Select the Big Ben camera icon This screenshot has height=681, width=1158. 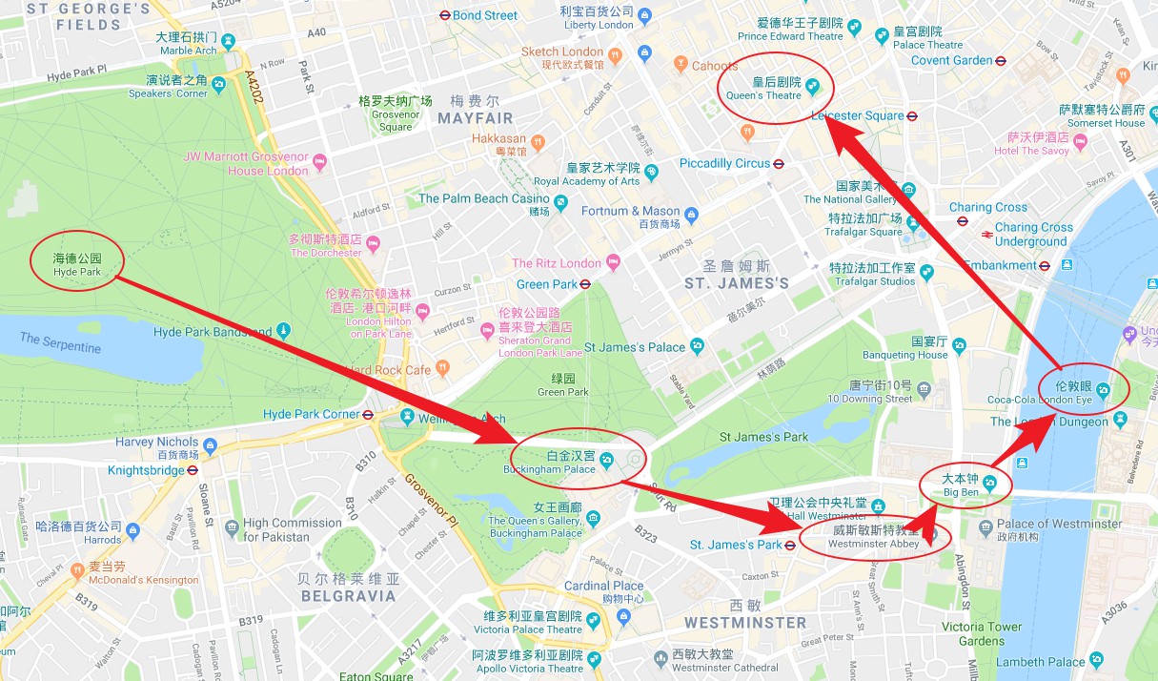(x=990, y=484)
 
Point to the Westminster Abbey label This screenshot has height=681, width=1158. (x=873, y=537)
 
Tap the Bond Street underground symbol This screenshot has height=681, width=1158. (x=444, y=15)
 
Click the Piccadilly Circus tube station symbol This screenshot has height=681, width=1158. (x=779, y=164)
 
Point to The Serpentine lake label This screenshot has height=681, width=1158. (x=59, y=342)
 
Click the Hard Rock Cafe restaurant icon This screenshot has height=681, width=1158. (x=442, y=368)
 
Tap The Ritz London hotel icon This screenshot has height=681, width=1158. (x=613, y=262)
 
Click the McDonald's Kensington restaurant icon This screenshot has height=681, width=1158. (x=77, y=571)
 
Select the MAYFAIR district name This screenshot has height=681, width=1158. (x=475, y=118)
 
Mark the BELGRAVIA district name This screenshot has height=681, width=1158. (x=348, y=596)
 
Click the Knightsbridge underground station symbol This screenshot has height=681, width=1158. (x=193, y=470)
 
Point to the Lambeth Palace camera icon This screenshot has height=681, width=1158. (x=1097, y=660)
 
